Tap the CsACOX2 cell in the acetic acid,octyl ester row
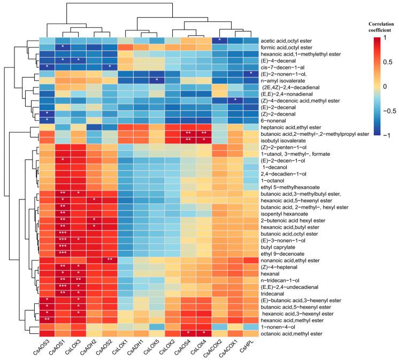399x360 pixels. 219,41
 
